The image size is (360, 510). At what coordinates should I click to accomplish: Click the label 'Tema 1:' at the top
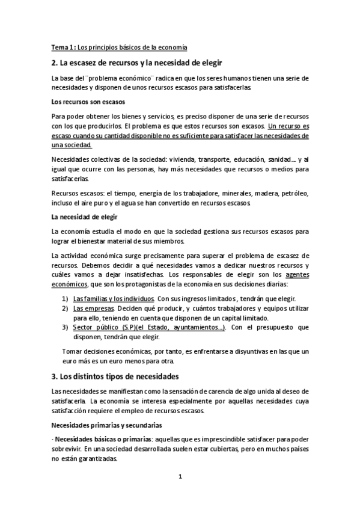(x=63, y=48)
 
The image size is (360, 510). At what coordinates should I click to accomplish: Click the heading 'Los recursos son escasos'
(x=88, y=102)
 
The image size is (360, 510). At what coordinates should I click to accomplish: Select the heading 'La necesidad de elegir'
(x=84, y=216)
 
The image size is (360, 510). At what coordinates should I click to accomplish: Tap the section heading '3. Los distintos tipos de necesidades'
(x=115, y=376)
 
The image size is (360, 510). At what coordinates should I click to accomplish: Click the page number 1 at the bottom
(x=180, y=477)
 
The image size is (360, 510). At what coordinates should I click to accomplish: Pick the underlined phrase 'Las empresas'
(x=92, y=309)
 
